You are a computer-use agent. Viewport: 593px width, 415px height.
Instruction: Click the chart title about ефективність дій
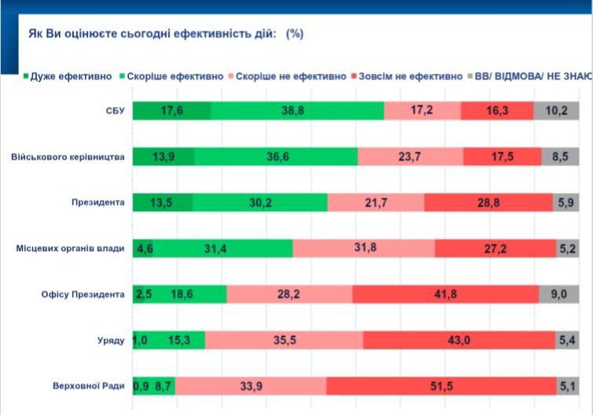pos(165,34)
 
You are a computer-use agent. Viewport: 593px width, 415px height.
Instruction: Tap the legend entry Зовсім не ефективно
pos(410,76)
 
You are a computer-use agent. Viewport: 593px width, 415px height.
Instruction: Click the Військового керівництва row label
pos(68,157)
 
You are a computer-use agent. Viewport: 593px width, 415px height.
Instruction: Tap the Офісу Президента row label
pos(83,295)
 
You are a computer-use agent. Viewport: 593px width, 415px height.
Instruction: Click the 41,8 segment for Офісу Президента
pos(446,295)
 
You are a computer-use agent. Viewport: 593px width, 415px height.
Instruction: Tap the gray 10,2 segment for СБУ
pos(557,111)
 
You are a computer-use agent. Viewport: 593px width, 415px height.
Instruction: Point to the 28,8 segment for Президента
pos(488,202)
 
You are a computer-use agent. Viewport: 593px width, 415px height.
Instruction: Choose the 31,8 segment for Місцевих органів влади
pos(363,249)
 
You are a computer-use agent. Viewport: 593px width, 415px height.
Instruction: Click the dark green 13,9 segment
pos(164,157)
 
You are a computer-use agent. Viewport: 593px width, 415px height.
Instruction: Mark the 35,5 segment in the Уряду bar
pos(284,340)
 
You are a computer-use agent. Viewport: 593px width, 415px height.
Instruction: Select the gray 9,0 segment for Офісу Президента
pos(559,295)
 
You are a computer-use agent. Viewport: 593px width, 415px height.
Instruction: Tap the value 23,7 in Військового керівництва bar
pos(410,157)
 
